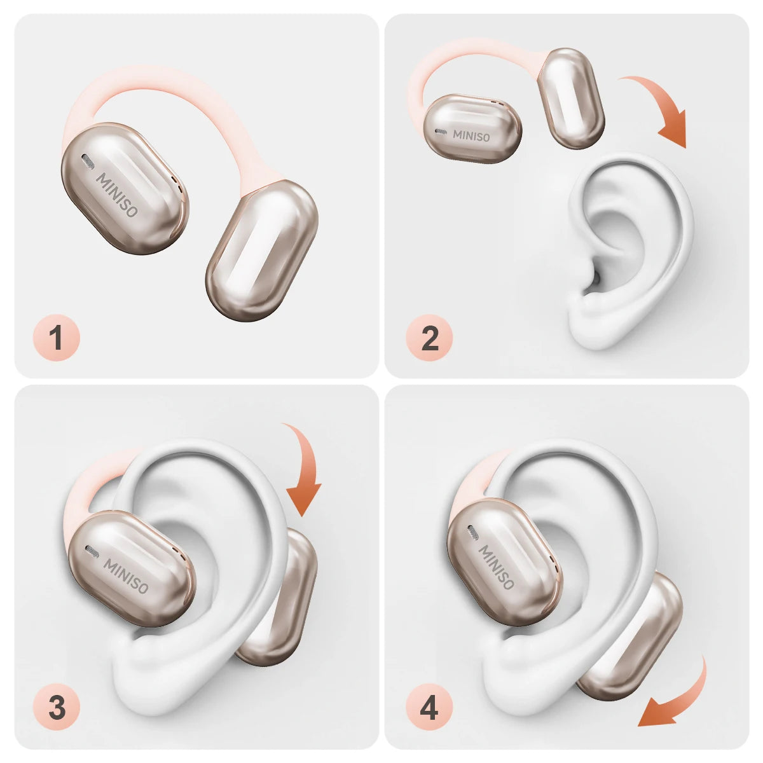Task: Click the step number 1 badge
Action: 56,338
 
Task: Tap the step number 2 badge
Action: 429,338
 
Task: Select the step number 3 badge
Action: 56,708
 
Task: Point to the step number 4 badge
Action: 429,708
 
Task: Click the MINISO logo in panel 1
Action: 117,195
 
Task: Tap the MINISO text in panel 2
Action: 471,136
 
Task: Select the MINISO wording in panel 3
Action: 125,576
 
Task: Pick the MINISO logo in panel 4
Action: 497,567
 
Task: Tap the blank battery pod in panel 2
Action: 570,98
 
